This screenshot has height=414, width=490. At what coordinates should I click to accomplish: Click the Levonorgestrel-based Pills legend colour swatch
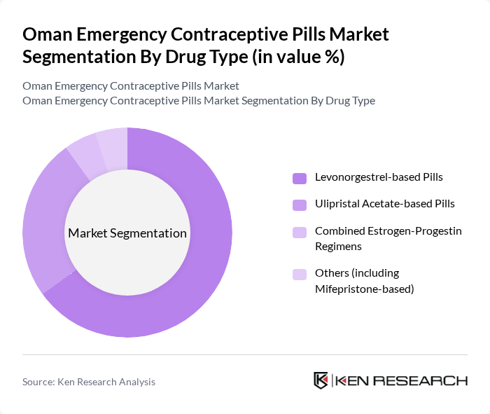(300, 178)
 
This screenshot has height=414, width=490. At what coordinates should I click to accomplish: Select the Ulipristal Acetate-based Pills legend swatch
(300, 205)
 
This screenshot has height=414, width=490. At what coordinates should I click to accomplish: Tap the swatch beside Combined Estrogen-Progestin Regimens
(300, 231)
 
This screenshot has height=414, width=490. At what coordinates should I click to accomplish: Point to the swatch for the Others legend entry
(300, 274)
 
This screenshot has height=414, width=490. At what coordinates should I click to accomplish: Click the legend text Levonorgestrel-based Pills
(379, 177)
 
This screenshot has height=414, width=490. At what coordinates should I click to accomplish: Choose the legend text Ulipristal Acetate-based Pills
(384, 204)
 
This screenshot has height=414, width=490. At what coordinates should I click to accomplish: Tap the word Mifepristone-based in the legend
(365, 288)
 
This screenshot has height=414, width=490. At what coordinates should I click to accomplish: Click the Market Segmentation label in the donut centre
(127, 233)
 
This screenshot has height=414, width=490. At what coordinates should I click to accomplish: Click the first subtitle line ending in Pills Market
(131, 85)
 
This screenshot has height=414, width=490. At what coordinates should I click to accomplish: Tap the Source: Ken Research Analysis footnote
(89, 382)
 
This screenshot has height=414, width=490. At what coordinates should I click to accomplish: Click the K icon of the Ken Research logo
(321, 381)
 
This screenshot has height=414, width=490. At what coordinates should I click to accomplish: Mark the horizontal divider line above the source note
(245, 355)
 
